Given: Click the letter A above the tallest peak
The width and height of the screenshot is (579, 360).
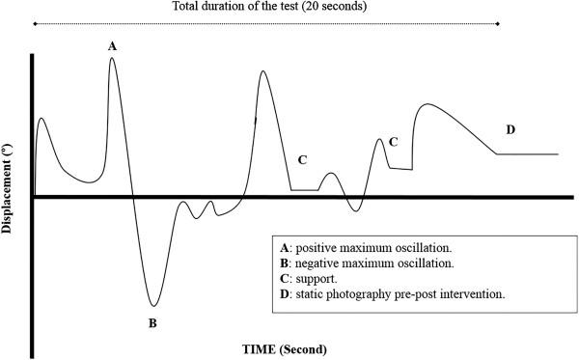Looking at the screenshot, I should (113, 44).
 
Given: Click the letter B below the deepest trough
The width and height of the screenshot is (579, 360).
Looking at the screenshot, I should (152, 322).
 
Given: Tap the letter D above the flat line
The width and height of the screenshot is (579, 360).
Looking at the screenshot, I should (510, 128).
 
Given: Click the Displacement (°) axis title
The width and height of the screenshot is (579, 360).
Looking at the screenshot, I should (9, 189).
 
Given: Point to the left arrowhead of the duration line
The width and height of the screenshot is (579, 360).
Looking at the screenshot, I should (35, 22).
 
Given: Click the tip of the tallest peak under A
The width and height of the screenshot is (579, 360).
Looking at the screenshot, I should (113, 58).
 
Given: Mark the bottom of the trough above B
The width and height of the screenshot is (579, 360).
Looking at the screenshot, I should (152, 306).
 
